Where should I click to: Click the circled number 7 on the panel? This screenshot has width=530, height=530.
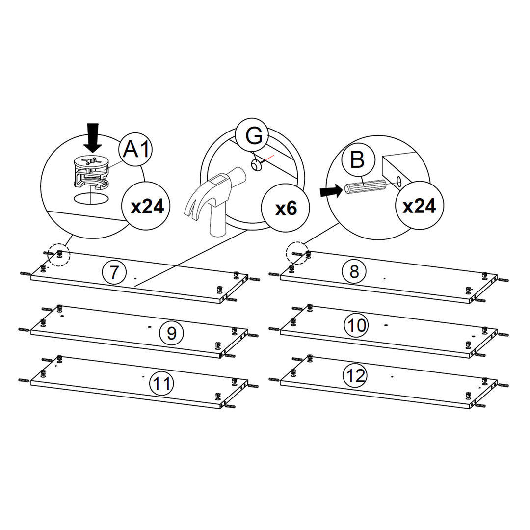point(114,272)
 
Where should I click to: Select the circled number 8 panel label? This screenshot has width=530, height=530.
point(354,271)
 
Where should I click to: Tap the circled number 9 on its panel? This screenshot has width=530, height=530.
point(172,333)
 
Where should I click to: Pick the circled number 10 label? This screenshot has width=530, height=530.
point(356,325)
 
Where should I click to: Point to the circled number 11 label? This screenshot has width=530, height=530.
point(161,384)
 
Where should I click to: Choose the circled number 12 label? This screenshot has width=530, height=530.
point(356,375)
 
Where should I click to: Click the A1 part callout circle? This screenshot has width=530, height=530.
point(135,149)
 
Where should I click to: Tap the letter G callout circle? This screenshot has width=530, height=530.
point(253,135)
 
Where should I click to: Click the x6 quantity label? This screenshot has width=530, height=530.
point(286,208)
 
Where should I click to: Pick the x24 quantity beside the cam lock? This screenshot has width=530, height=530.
point(146,206)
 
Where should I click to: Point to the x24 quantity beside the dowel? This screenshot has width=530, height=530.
point(419,205)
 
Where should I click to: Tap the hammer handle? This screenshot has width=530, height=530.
point(218,220)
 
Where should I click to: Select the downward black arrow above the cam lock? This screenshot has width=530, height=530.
point(92,138)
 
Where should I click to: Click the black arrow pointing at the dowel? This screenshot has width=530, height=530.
point(331,191)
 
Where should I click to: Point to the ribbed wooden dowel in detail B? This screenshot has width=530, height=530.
point(364,187)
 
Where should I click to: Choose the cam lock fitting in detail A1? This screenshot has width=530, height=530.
point(91,172)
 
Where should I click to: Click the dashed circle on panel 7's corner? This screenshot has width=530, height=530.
point(58,255)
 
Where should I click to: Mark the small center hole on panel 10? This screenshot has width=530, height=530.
point(386,325)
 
